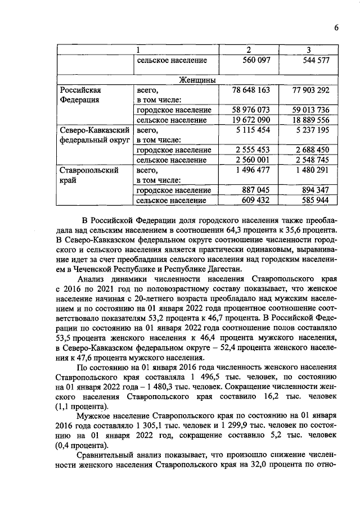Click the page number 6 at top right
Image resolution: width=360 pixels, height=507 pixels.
pos(336,28)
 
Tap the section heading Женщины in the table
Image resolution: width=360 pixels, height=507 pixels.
pos(197,80)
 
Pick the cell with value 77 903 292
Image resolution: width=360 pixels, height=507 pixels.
pos(307,90)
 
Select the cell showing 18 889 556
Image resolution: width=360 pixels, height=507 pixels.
pos(307,120)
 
